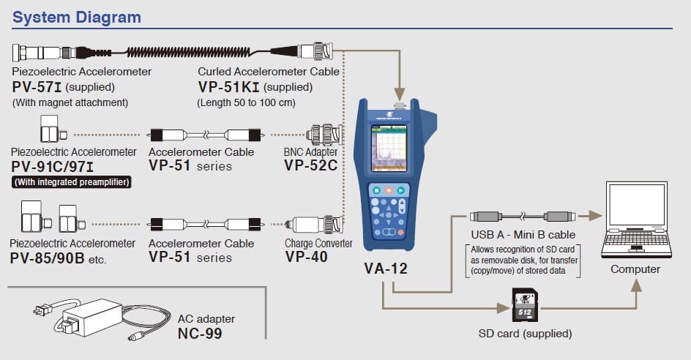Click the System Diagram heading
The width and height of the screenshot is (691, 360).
coord(77,17)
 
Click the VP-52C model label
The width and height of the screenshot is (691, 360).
coord(310,165)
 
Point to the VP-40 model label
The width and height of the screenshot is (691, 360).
coord(306,257)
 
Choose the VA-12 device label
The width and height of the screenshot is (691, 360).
coord(385,269)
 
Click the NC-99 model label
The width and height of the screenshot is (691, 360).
coord(200,334)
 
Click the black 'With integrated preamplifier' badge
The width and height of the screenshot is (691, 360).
coord(71,181)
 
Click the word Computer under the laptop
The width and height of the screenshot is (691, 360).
coord(635,269)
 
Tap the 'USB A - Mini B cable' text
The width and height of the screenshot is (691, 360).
coord(523,235)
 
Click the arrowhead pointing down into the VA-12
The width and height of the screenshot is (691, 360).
coord(400,93)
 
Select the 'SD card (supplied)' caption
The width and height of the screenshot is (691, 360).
coord(525,334)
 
